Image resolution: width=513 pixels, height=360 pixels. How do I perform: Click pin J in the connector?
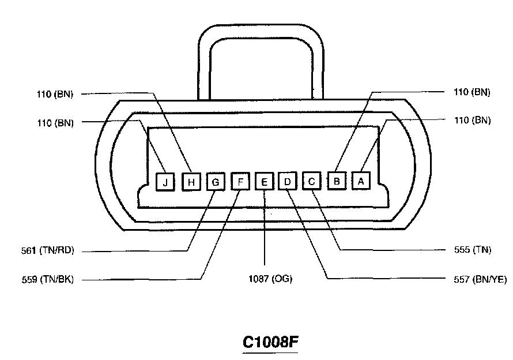click(x=165, y=182)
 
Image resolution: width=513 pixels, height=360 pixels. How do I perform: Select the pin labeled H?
click(x=191, y=182)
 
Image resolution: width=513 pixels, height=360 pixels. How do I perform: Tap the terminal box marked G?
click(x=216, y=182)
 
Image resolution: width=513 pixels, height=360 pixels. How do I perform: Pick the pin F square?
click(x=240, y=182)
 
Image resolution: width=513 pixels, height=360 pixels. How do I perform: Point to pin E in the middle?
click(x=264, y=182)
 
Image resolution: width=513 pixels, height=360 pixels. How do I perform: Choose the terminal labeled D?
click(x=287, y=182)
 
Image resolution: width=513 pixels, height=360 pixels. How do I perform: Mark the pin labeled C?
click(x=312, y=181)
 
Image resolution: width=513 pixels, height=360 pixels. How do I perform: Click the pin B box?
click(x=337, y=181)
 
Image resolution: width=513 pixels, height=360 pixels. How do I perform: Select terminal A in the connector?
click(x=361, y=181)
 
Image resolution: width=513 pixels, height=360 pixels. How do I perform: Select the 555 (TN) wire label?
click(x=472, y=250)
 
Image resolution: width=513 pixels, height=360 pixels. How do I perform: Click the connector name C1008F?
click(x=270, y=342)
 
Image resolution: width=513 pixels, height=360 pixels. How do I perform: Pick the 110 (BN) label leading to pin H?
click(x=54, y=94)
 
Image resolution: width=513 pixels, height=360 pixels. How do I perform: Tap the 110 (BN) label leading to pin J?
click(x=54, y=122)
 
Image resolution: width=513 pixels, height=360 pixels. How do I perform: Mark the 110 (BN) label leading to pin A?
click(x=471, y=121)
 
